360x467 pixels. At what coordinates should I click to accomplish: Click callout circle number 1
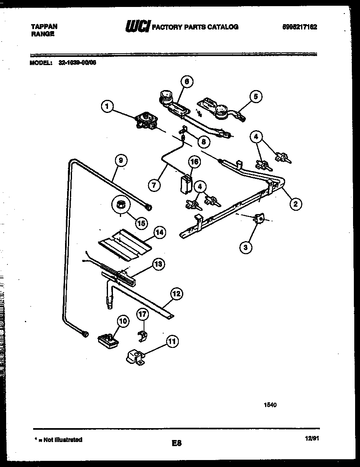coord(107,107)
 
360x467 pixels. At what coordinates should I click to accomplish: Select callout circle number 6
coord(186,82)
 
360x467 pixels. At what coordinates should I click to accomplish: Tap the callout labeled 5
coord(255,97)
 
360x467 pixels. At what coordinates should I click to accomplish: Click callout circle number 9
coord(120,161)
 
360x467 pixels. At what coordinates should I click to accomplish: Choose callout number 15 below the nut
coord(141,223)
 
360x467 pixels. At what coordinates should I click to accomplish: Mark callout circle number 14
coord(160,232)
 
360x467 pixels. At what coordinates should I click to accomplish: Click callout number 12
coord(176,294)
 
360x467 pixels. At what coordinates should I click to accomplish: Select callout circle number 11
coord(172,341)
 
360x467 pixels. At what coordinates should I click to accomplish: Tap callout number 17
coord(142,315)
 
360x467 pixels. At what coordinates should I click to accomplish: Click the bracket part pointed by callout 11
coord(135,357)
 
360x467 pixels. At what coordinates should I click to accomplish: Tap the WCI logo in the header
coord(137,27)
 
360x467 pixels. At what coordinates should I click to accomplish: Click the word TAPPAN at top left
coord(45,26)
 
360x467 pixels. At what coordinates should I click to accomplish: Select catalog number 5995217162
coord(300,27)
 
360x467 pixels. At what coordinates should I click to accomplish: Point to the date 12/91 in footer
coord(312,438)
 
